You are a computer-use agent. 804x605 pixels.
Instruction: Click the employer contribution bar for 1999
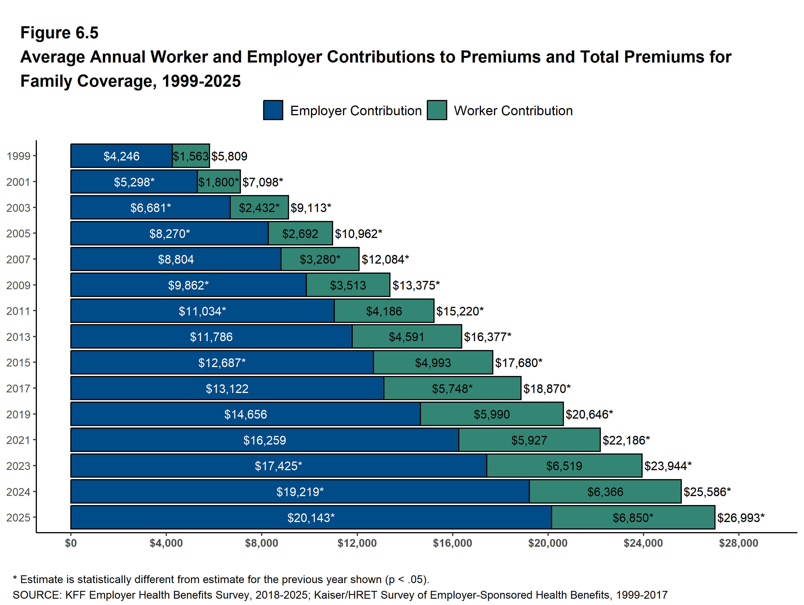coord(121,156)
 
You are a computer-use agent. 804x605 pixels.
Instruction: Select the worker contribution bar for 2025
coord(633,517)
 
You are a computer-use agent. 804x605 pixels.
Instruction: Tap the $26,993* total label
coord(740,517)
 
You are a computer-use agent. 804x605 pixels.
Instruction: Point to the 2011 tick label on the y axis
coord(18,311)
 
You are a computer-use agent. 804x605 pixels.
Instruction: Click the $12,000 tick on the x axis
coord(357,543)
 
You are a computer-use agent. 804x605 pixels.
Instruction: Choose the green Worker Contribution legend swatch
coord(437,110)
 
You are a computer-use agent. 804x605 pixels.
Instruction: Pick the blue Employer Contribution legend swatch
coord(273,110)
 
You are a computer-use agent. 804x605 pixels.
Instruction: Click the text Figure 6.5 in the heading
coord(59,33)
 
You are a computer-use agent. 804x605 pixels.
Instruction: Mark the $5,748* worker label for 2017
coord(452,388)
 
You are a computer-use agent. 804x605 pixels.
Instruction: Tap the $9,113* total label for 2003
coord(311,208)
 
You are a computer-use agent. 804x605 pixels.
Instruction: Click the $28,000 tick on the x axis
coord(738,543)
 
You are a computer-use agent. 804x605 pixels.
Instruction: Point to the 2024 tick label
coord(18,491)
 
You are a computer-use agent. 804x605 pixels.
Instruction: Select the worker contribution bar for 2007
coord(320,259)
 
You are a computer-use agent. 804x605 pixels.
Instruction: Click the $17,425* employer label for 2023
coord(278,466)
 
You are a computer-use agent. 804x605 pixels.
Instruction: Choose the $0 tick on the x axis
coord(71,543)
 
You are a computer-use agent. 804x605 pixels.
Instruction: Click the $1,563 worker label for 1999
coord(191,156)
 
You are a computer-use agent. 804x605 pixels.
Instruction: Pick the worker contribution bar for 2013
coord(406,337)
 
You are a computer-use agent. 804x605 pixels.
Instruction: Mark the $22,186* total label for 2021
coord(626,440)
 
